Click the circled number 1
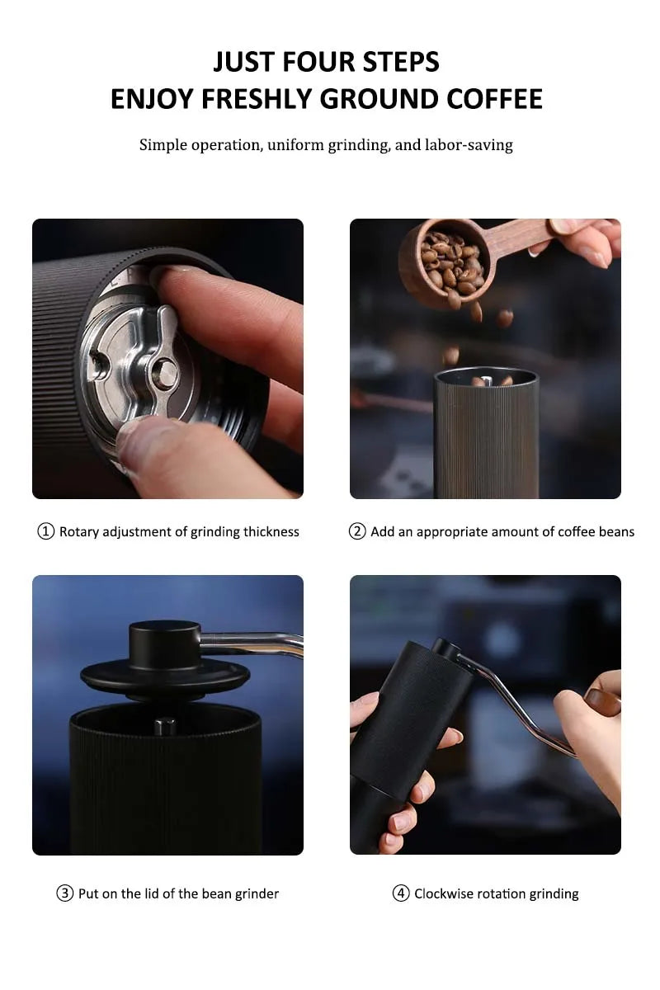tap(46, 531)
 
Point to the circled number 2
tap(357, 531)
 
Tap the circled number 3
tap(65, 893)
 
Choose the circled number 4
tap(401, 893)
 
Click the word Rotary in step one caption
tap(79, 531)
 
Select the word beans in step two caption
tap(616, 531)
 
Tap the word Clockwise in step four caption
tap(446, 893)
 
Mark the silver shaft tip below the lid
tap(165, 726)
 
